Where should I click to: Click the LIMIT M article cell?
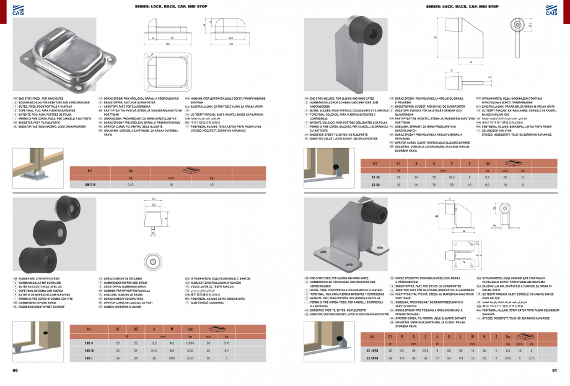[x=89, y=185]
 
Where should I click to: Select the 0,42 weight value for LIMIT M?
[x=130, y=185]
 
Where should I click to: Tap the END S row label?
[x=89, y=343]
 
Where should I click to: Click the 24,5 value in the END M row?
[x=152, y=351]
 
